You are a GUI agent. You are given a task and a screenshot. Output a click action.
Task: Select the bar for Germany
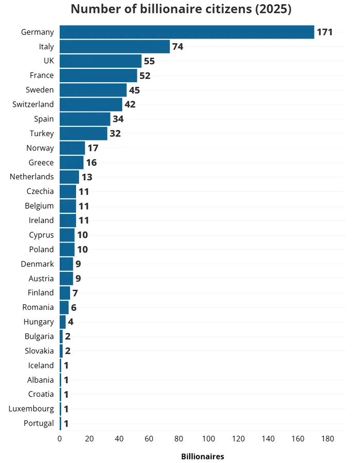[187, 32]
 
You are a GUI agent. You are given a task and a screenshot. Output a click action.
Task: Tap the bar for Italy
[115, 47]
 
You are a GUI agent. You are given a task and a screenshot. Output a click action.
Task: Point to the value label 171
[325, 32]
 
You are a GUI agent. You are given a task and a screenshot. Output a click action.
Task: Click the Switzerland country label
[33, 104]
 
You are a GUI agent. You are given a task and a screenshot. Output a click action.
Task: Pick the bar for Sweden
[93, 90]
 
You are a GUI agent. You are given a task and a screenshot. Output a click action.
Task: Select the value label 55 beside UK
[149, 61]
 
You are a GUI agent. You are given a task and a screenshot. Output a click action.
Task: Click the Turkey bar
[83, 134]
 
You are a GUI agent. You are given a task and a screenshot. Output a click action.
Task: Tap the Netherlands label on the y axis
[31, 177]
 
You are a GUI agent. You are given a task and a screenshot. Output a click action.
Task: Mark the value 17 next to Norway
[93, 148]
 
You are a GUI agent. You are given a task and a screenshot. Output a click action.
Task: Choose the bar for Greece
[71, 162]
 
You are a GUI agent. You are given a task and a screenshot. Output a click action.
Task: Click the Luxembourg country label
[31, 409]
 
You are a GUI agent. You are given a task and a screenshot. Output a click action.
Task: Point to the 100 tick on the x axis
[209, 439]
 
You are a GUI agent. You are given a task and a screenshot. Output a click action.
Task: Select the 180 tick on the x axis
[328, 439]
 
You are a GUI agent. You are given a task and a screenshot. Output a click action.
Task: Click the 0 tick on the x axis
[60, 439]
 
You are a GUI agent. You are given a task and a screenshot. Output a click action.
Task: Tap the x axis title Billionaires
[203, 456]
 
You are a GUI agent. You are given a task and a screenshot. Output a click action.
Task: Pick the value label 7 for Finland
[75, 293]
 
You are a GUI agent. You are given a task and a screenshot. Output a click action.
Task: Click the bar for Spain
[85, 119]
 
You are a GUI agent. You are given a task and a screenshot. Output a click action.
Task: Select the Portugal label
[39, 423]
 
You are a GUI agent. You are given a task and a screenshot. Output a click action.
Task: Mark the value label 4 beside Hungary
[70, 322]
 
